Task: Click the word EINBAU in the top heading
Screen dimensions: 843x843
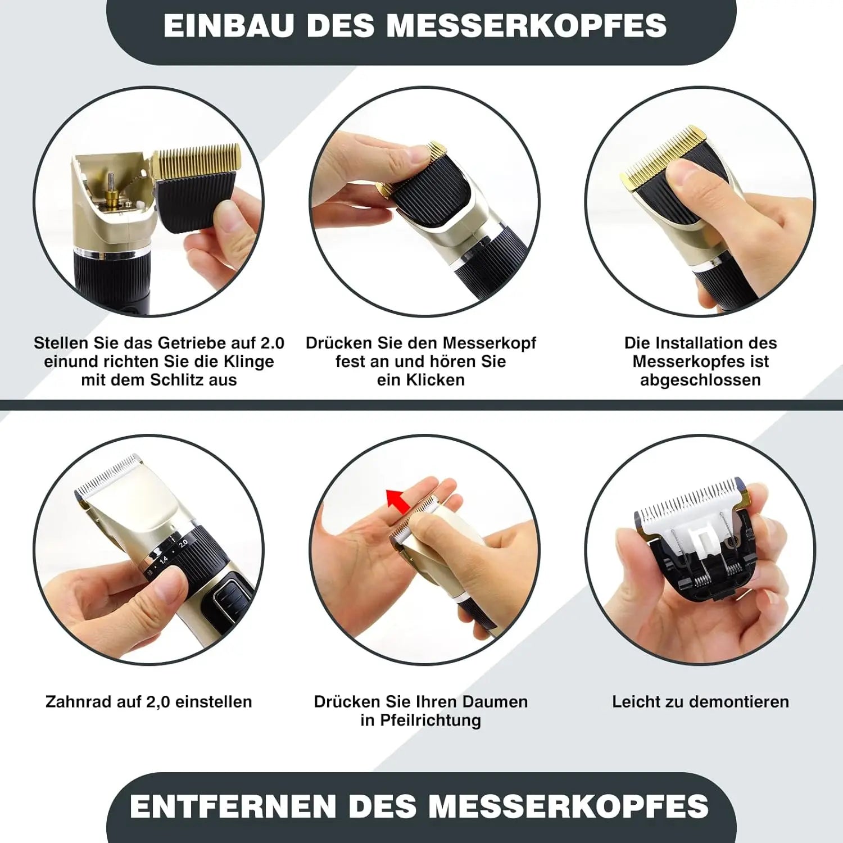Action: [229, 25]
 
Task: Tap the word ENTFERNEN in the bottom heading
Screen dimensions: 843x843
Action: [233, 806]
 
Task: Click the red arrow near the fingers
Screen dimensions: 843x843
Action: [398, 500]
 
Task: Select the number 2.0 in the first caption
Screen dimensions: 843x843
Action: [273, 343]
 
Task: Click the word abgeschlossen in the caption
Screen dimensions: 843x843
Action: [700, 380]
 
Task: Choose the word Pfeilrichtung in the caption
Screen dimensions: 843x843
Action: [430, 720]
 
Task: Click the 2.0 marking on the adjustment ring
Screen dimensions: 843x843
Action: [183, 543]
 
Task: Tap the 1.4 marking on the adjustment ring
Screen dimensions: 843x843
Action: [163, 559]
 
